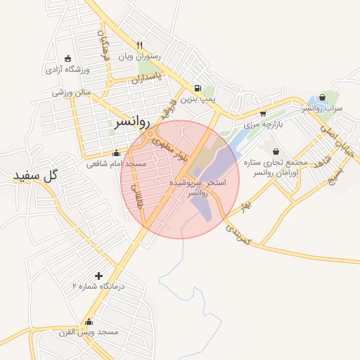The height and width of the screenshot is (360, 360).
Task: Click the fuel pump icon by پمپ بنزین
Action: coord(198,89)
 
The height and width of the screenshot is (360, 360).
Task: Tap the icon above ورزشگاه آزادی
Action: coord(67,58)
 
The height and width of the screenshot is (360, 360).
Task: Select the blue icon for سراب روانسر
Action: coord(322,98)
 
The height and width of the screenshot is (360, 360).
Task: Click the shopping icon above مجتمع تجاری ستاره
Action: coord(276,151)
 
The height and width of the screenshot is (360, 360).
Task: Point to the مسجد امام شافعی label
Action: coord(116,164)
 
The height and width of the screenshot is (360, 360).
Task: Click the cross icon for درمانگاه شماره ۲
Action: coord(98,276)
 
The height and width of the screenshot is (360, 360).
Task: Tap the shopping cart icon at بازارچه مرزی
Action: coord(263,113)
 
